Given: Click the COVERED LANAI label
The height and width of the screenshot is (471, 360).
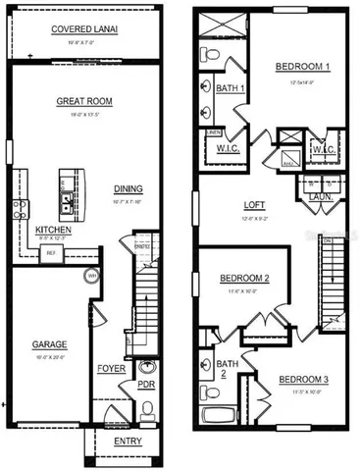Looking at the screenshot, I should coord(84,29).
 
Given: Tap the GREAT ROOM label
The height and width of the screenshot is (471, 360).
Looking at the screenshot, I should coord(83,99).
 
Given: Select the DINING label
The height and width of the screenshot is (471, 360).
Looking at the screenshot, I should coord(128,189).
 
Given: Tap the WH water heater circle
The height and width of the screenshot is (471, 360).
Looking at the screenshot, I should coord(91,276).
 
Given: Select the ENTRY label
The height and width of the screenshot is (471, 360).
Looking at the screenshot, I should coord(128,441).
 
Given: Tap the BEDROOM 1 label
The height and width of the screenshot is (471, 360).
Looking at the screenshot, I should coord(302,67).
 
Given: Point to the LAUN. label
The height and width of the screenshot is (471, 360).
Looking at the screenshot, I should coord(322,196).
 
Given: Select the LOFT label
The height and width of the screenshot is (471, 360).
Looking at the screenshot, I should coord(255,205).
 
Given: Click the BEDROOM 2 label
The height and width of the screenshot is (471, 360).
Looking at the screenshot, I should coord(245,278).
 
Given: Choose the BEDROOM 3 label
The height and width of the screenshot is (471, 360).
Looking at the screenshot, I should coord(305,380).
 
